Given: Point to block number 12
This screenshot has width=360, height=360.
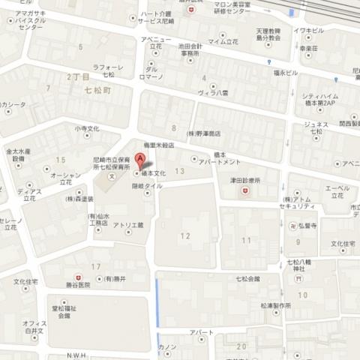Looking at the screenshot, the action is [185, 236].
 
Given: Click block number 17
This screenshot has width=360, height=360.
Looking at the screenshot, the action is [96, 267].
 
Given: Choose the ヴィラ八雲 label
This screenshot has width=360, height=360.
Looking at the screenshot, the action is [211, 96].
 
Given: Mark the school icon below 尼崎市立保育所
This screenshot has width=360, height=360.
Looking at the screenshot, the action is [112, 176].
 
